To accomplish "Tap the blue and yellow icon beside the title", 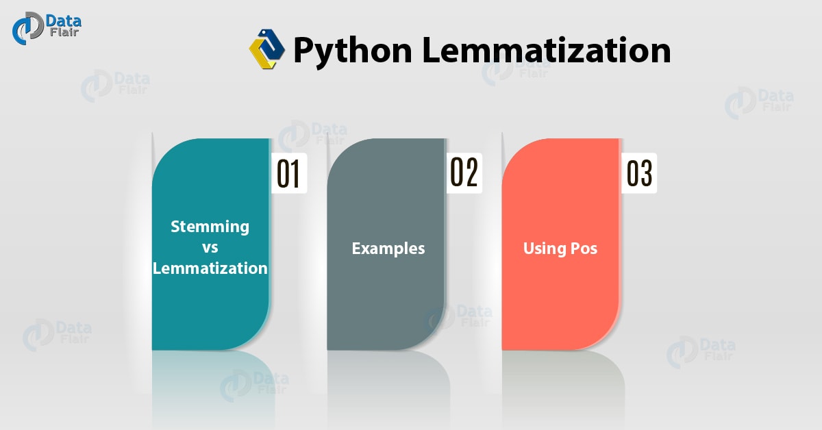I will click(266, 49).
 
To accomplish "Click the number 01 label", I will click(288, 174).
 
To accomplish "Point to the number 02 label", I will click(463, 173).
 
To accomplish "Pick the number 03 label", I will click(639, 174).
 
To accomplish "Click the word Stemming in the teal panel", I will click(210, 226).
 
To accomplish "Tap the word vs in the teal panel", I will click(210, 247).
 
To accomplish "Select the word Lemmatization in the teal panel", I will click(210, 268).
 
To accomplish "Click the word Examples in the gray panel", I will click(388, 248).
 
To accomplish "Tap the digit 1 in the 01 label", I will click(295, 174).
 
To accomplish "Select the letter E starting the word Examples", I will click(356, 248).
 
